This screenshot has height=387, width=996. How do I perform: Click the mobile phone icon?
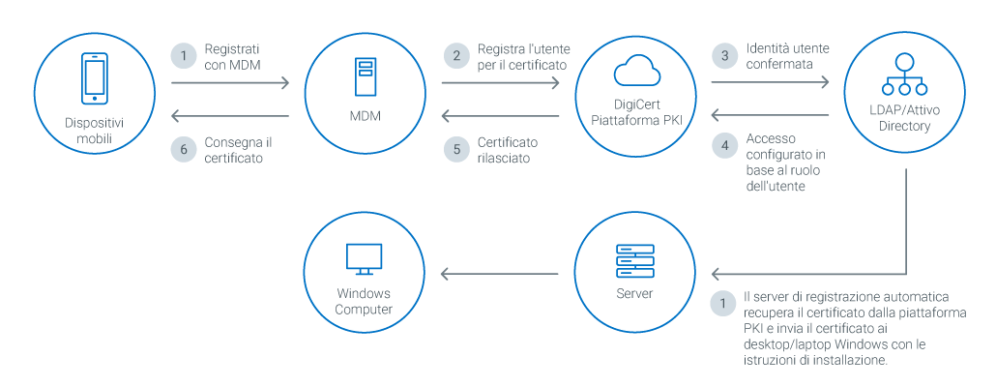point(94,78)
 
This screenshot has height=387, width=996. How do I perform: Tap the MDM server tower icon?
point(365,76)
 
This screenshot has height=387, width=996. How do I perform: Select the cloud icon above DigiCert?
point(635,71)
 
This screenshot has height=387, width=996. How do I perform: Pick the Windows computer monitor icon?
point(365,258)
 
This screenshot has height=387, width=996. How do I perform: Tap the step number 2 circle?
point(456,55)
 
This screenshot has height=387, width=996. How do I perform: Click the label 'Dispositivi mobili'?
point(94,132)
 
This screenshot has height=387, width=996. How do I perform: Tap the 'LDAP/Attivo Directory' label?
point(906,119)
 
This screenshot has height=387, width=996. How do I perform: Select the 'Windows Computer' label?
point(365,302)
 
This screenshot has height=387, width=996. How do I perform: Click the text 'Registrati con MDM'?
point(232,56)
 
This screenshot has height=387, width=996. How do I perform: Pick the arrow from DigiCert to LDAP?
point(770,84)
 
